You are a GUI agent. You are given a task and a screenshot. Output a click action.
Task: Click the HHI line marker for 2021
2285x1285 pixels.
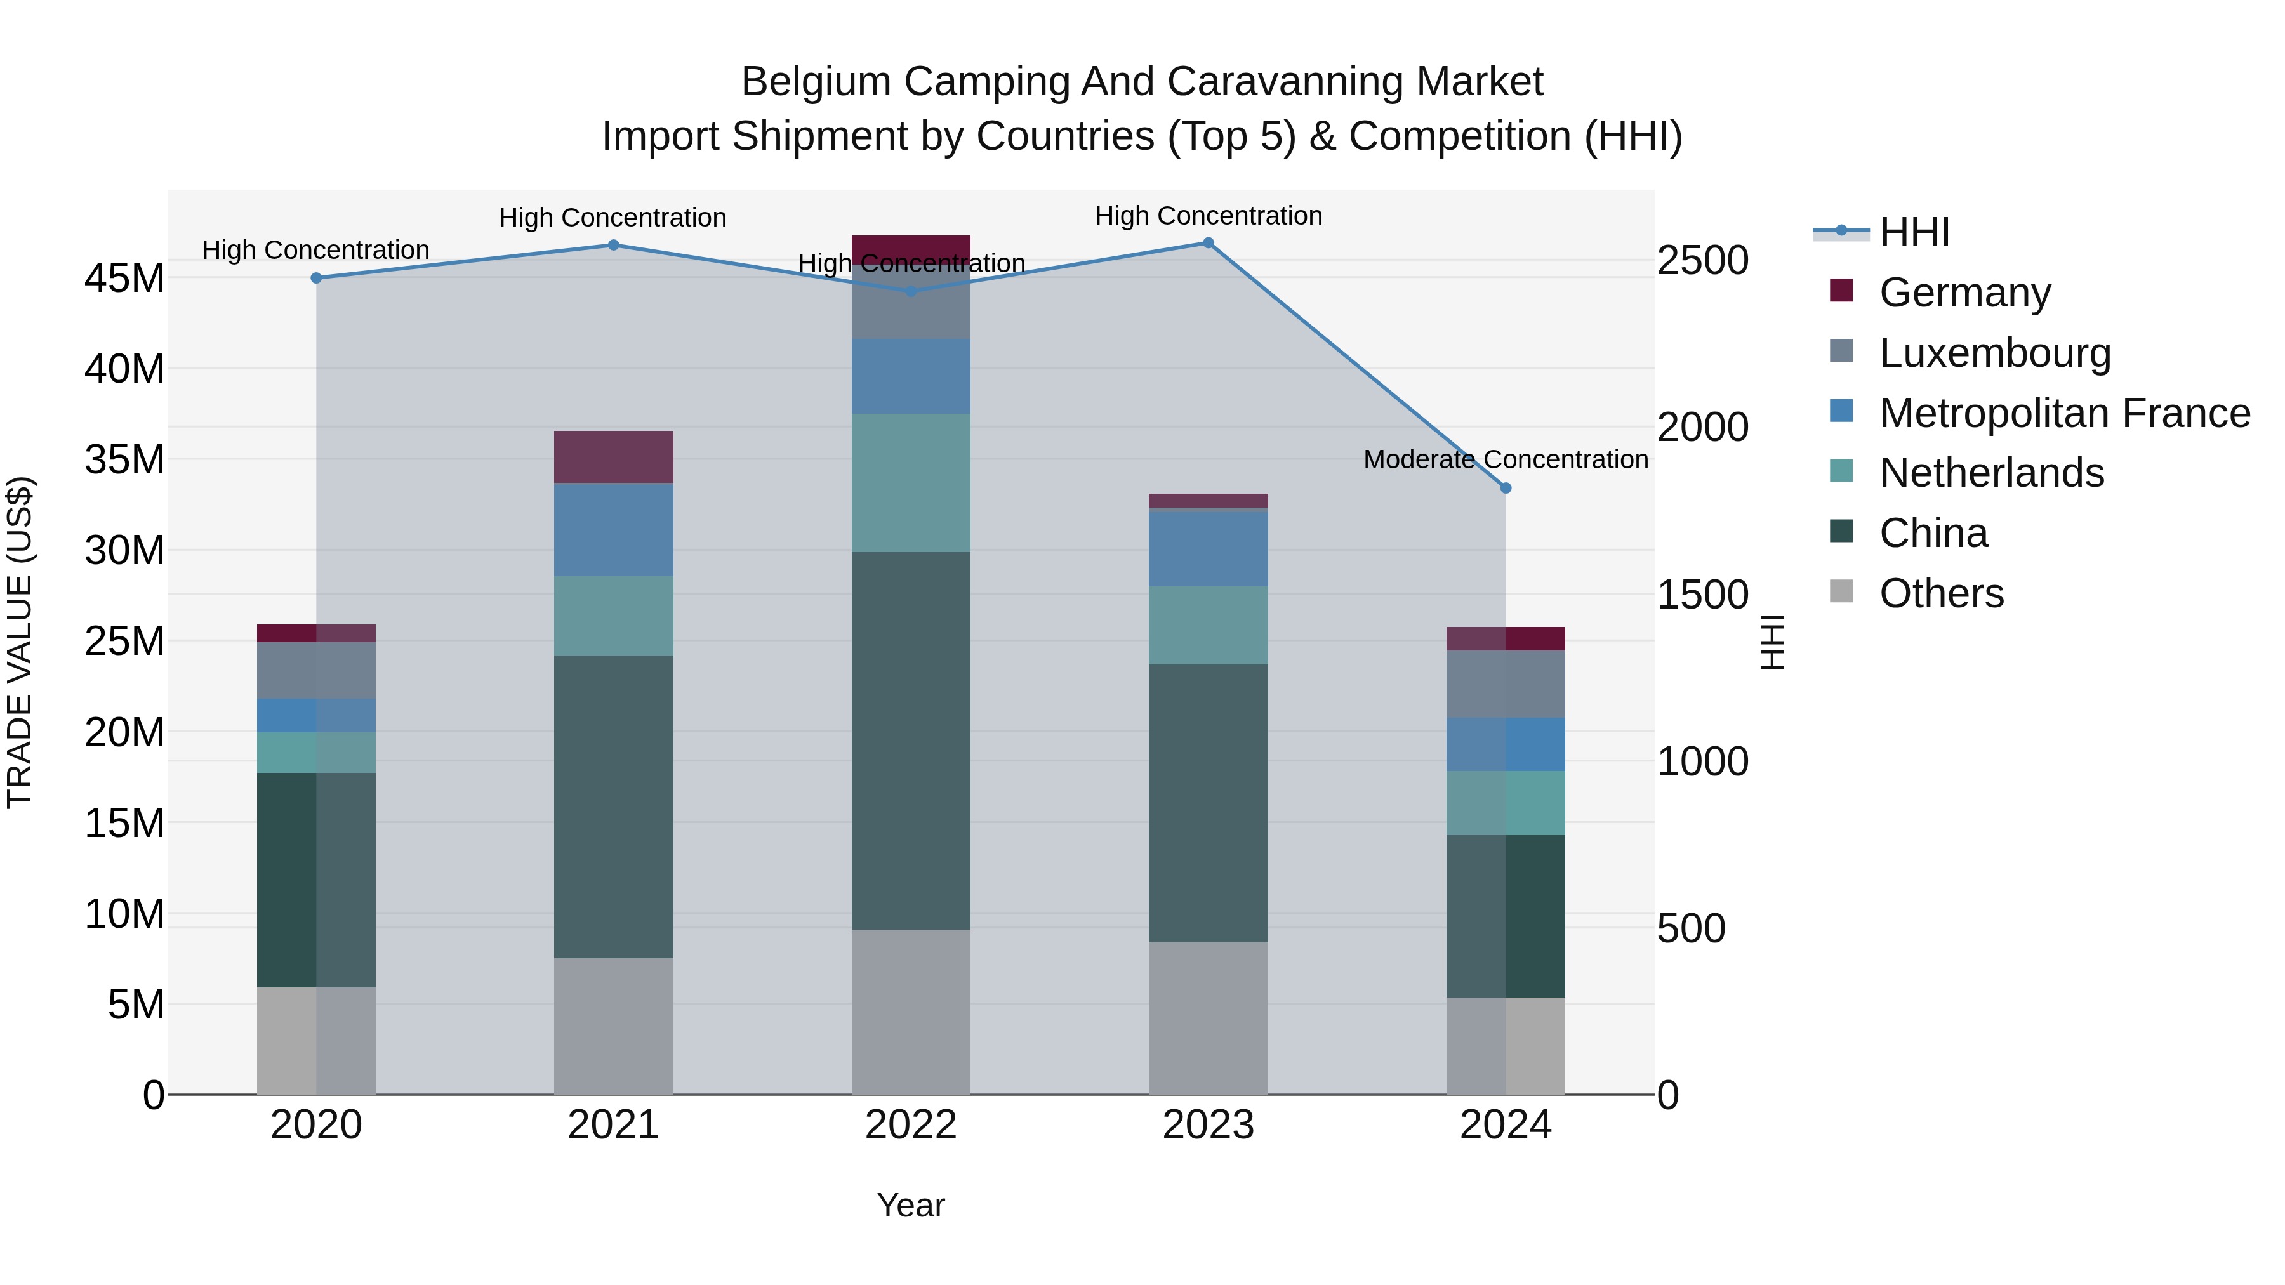pyautogui.click(x=613, y=246)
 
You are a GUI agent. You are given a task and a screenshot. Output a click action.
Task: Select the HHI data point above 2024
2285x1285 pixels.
pyautogui.click(x=1506, y=488)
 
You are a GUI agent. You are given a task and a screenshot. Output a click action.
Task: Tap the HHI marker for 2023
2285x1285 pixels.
pyautogui.click(x=1208, y=243)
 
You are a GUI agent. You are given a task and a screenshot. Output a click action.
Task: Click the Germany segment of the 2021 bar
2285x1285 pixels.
pyautogui.click(x=613, y=457)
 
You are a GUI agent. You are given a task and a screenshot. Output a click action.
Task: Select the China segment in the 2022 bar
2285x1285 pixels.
pyautogui.click(x=911, y=741)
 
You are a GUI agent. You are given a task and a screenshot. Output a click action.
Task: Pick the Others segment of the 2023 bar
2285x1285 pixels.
pyautogui.click(x=1208, y=1017)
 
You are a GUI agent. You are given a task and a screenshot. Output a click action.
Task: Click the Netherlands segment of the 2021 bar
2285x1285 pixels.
pyautogui.click(x=613, y=616)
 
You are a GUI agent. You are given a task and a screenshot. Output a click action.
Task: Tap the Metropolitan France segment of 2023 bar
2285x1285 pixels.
pyautogui.click(x=1208, y=549)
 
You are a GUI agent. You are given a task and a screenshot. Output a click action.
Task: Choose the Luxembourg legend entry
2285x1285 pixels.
pyautogui.click(x=1994, y=353)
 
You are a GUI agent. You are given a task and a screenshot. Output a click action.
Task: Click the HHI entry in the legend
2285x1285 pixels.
pyautogui.click(x=1914, y=232)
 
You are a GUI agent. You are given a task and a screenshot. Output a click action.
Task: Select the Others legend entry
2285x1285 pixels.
pyautogui.click(x=1941, y=593)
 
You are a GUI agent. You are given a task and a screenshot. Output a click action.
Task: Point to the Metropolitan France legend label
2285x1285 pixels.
pyautogui.click(x=2064, y=413)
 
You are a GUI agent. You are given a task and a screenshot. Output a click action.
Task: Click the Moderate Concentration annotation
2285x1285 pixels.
pyautogui.click(x=1506, y=459)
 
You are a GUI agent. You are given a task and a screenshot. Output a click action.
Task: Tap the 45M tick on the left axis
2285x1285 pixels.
pyautogui.click(x=124, y=279)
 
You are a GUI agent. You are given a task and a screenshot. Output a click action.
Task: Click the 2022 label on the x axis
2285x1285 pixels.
pyautogui.click(x=911, y=1125)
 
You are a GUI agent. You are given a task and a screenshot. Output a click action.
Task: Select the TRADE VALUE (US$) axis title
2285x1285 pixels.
pyautogui.click(x=20, y=642)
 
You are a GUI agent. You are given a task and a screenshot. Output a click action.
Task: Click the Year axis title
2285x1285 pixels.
pyautogui.click(x=911, y=1205)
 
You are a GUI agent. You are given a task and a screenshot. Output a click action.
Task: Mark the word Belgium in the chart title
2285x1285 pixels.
pyautogui.click(x=816, y=82)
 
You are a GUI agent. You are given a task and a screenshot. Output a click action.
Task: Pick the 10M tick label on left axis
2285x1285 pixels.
pyautogui.click(x=124, y=913)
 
